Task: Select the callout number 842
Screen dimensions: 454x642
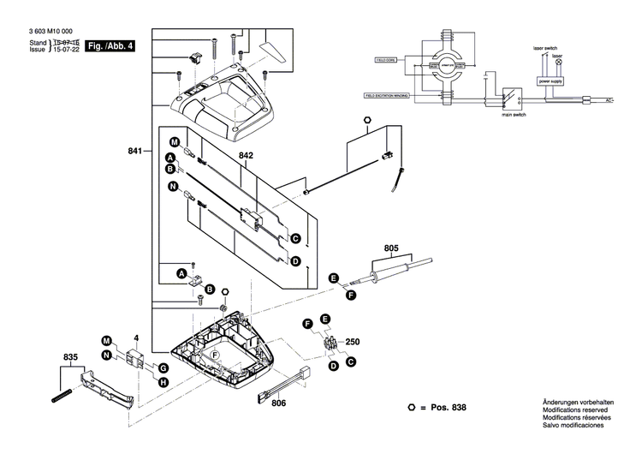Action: click(x=247, y=156)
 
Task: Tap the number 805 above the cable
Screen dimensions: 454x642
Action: click(x=391, y=248)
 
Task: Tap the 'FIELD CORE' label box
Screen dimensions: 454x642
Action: click(x=383, y=61)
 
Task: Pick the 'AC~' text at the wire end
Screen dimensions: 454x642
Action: click(x=609, y=100)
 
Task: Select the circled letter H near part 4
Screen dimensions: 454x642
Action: click(x=163, y=379)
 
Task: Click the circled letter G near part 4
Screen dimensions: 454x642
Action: click(x=163, y=367)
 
